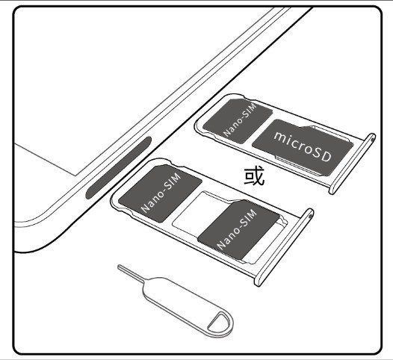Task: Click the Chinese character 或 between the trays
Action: [254, 176]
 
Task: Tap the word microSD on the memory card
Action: [303, 146]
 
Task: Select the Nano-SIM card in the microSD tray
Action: [238, 121]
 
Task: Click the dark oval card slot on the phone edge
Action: [119, 167]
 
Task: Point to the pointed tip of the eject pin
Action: [119, 266]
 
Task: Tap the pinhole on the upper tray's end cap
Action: [374, 137]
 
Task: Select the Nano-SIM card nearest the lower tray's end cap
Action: [238, 230]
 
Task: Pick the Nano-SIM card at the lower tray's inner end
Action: [161, 193]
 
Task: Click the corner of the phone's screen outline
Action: [75, 176]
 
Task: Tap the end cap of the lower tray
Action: [284, 247]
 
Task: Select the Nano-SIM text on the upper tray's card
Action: [240, 120]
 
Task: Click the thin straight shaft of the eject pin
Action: [131, 273]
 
